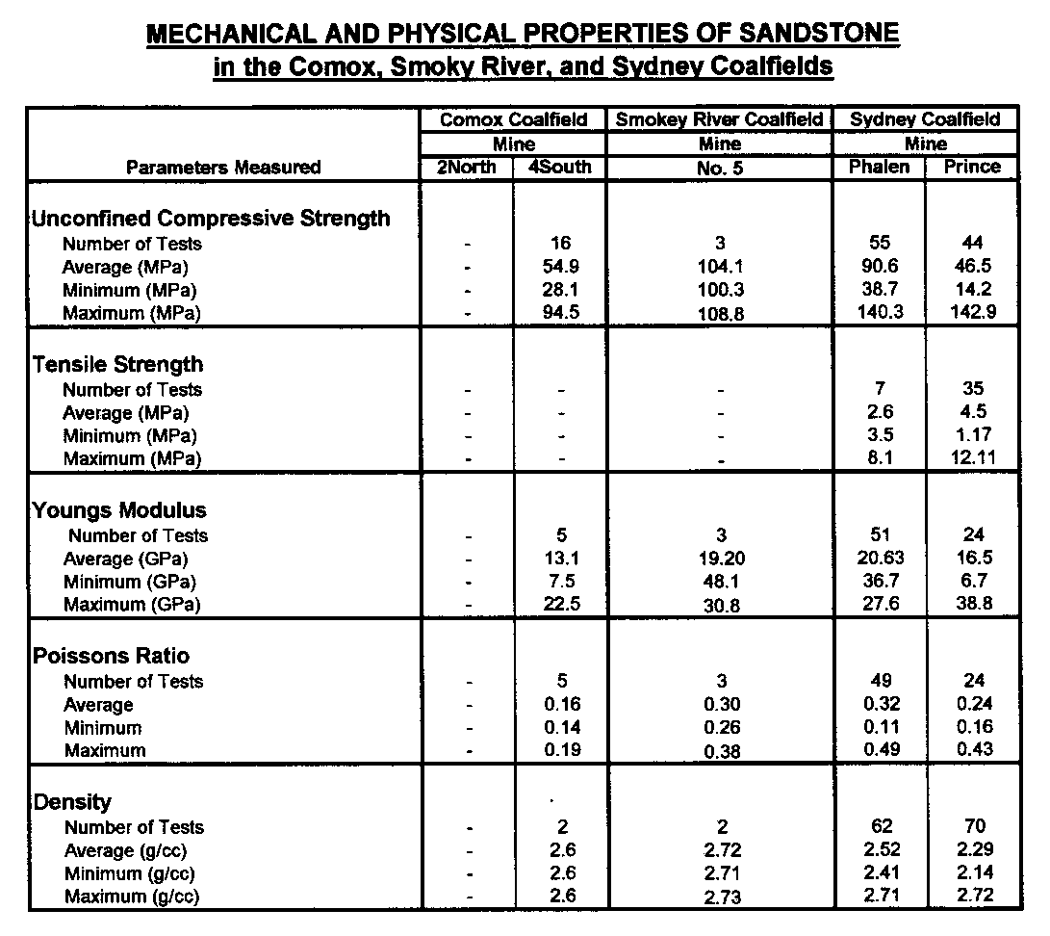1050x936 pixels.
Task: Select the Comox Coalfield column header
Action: (513, 119)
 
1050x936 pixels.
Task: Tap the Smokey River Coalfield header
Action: (719, 119)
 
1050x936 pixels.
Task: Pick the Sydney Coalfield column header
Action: (925, 119)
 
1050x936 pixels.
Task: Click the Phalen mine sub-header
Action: (879, 167)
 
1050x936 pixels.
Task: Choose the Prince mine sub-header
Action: (972, 167)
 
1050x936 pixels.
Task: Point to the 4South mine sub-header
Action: (561, 167)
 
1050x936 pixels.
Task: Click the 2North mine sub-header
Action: (467, 167)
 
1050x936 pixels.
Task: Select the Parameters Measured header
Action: (223, 168)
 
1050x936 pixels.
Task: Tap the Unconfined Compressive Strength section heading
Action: (212, 219)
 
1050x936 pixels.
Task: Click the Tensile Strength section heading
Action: (118, 364)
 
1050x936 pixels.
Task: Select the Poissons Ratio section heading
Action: (112, 656)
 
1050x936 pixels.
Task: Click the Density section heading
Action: (73, 802)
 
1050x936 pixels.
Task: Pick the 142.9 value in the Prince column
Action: (972, 313)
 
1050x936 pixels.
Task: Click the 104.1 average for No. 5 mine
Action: (720, 268)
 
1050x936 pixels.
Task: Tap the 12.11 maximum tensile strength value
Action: (972, 458)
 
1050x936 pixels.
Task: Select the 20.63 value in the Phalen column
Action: (879, 559)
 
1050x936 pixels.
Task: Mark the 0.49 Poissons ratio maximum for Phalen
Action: (879, 750)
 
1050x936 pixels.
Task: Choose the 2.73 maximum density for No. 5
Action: (720, 897)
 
